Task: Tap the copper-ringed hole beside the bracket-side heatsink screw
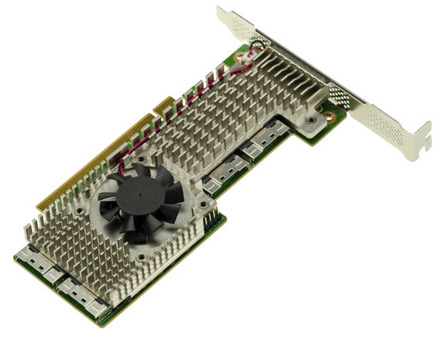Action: tap(330, 117)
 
